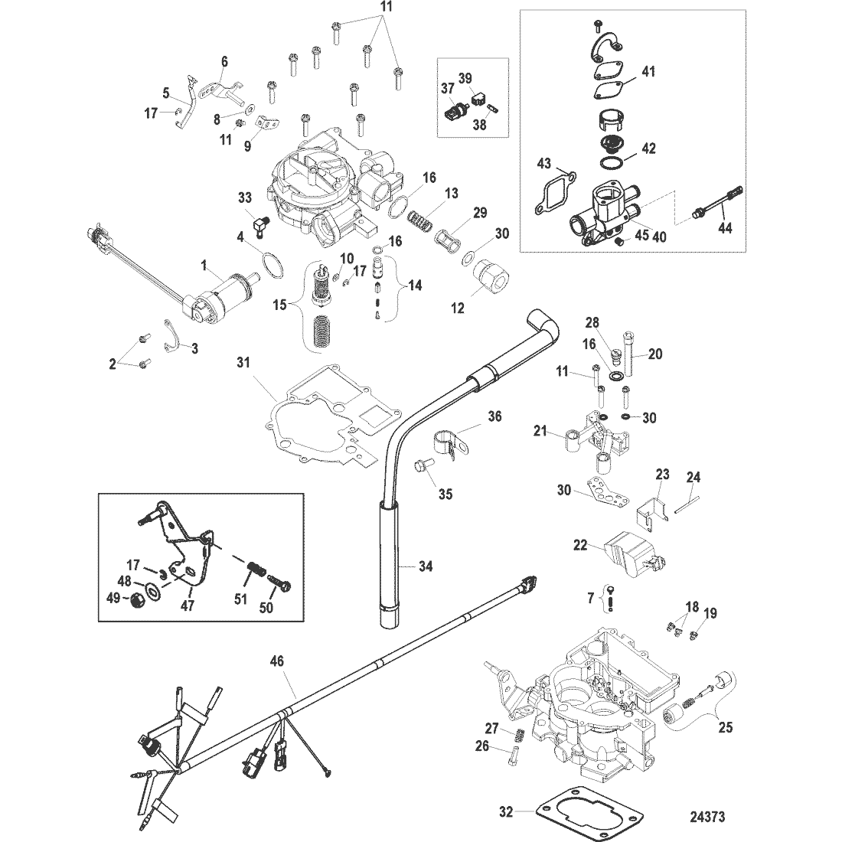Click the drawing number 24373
click(x=707, y=818)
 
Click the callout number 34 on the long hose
click(x=426, y=566)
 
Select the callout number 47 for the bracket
click(x=187, y=605)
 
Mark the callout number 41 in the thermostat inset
click(x=648, y=71)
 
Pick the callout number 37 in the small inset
click(x=447, y=88)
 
